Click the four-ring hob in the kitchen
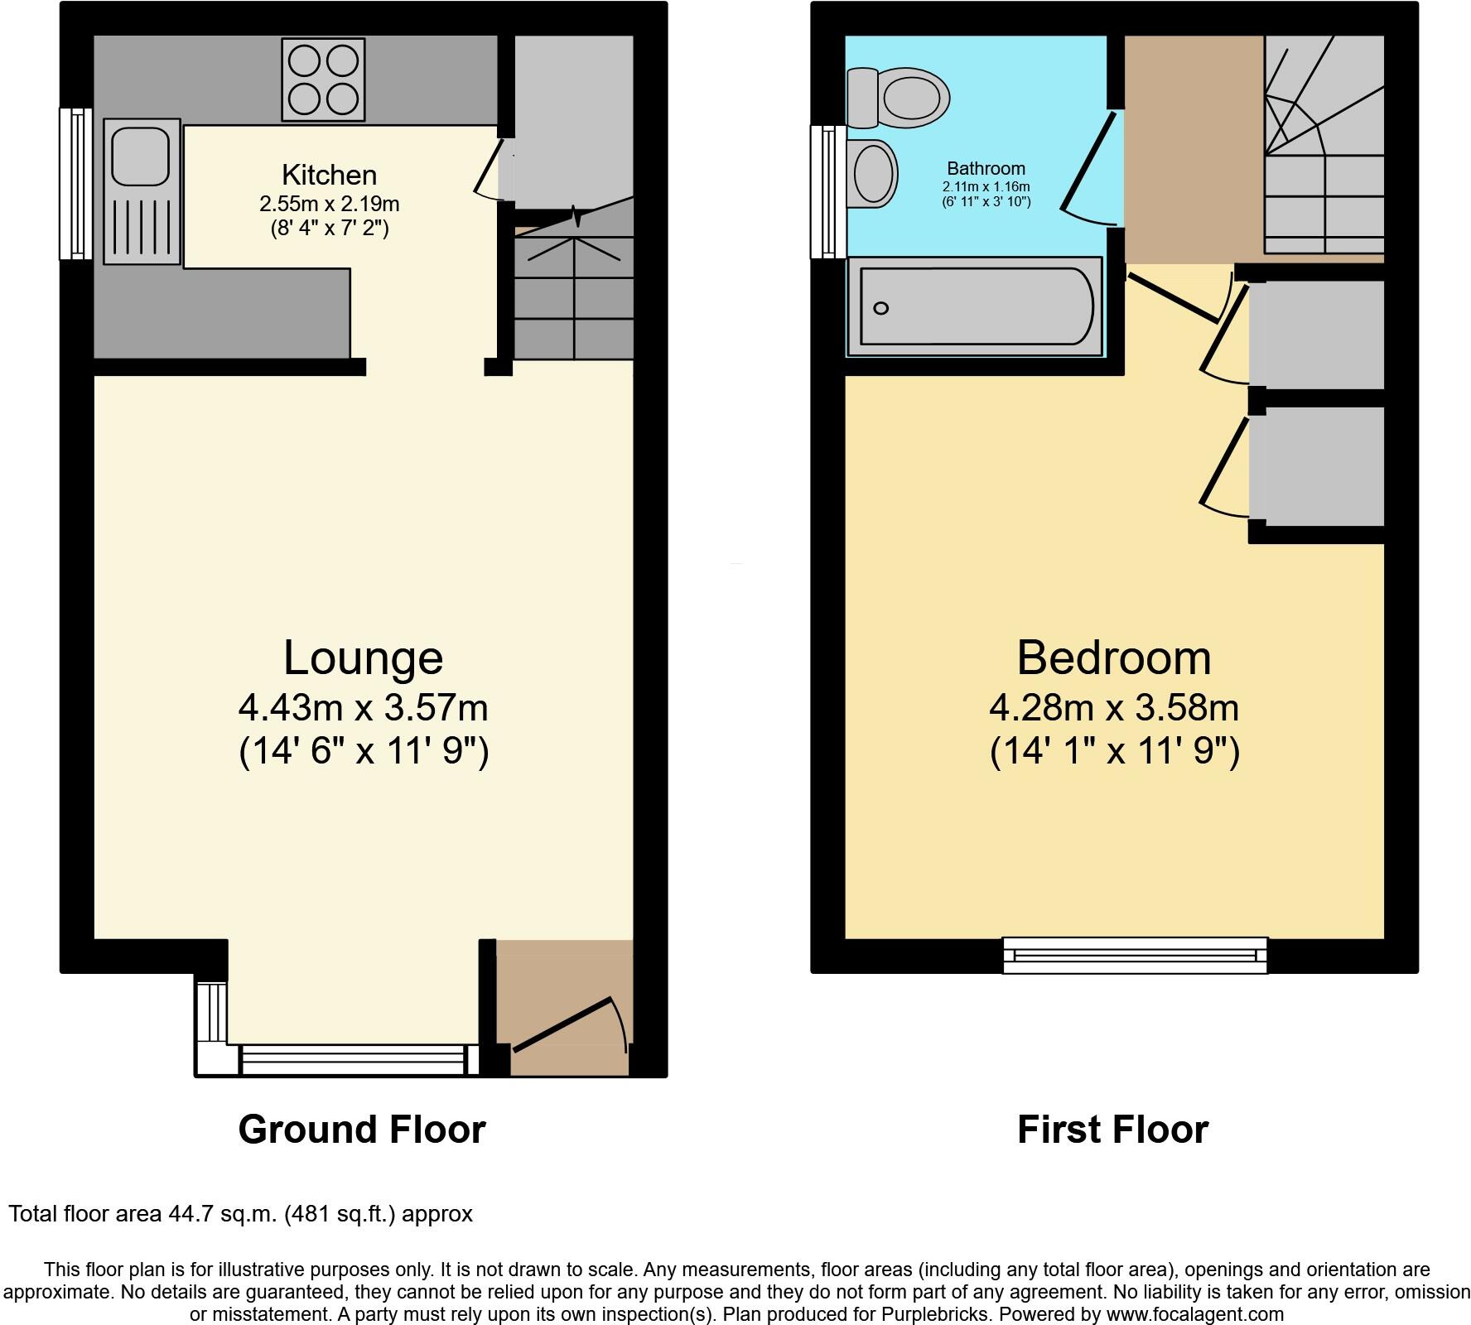pyautogui.click(x=323, y=79)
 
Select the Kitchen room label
pyautogui.click(x=329, y=175)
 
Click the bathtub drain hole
pyautogui.click(x=881, y=308)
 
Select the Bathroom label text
pyautogui.click(x=986, y=169)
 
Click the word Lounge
pyautogui.click(x=363, y=658)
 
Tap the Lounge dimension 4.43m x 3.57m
pyautogui.click(x=363, y=708)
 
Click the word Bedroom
pyautogui.click(x=1113, y=658)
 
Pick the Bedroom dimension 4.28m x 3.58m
pyautogui.click(x=1113, y=708)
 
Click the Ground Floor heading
pyautogui.click(x=361, y=1130)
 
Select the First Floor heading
pyautogui.click(x=1112, y=1130)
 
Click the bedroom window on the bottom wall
pyautogui.click(x=1135, y=956)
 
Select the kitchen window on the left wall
pyautogui.click(x=76, y=183)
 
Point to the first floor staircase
pyautogui.click(x=1324, y=149)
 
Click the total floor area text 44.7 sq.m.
pyautogui.click(x=240, y=1214)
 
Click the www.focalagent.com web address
pyautogui.click(x=1194, y=1313)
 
